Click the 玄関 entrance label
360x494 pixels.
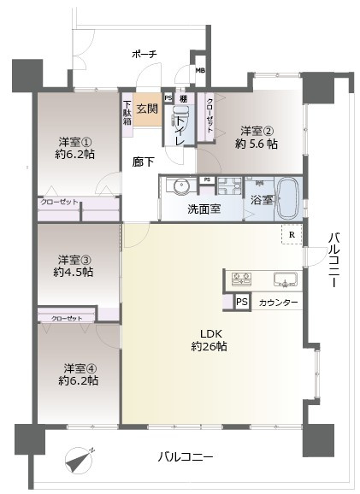click(146, 108)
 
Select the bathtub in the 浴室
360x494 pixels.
click(287, 197)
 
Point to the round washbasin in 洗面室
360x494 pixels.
click(179, 187)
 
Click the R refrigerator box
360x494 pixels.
click(292, 235)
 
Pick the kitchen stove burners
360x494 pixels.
click(239, 279)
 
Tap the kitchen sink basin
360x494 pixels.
click(283, 279)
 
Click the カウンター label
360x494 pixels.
click(278, 303)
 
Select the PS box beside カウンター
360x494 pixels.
click(241, 303)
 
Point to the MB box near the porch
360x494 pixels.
click(200, 71)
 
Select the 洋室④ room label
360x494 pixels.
click(78, 373)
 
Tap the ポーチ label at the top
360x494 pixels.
click(145, 54)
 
